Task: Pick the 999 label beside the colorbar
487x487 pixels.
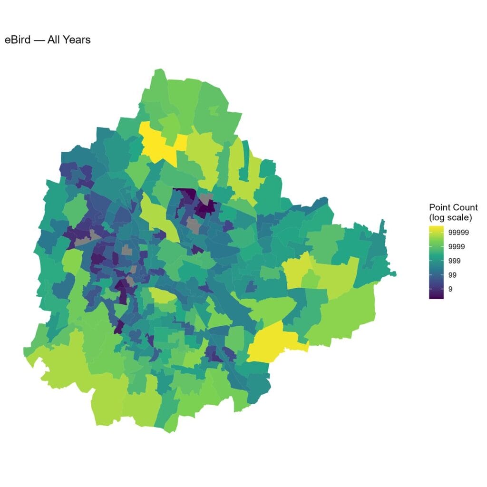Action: (455, 261)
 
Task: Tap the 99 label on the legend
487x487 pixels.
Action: (453, 275)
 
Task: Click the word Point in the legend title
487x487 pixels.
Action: (439, 207)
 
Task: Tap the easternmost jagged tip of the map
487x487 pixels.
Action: (395, 273)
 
